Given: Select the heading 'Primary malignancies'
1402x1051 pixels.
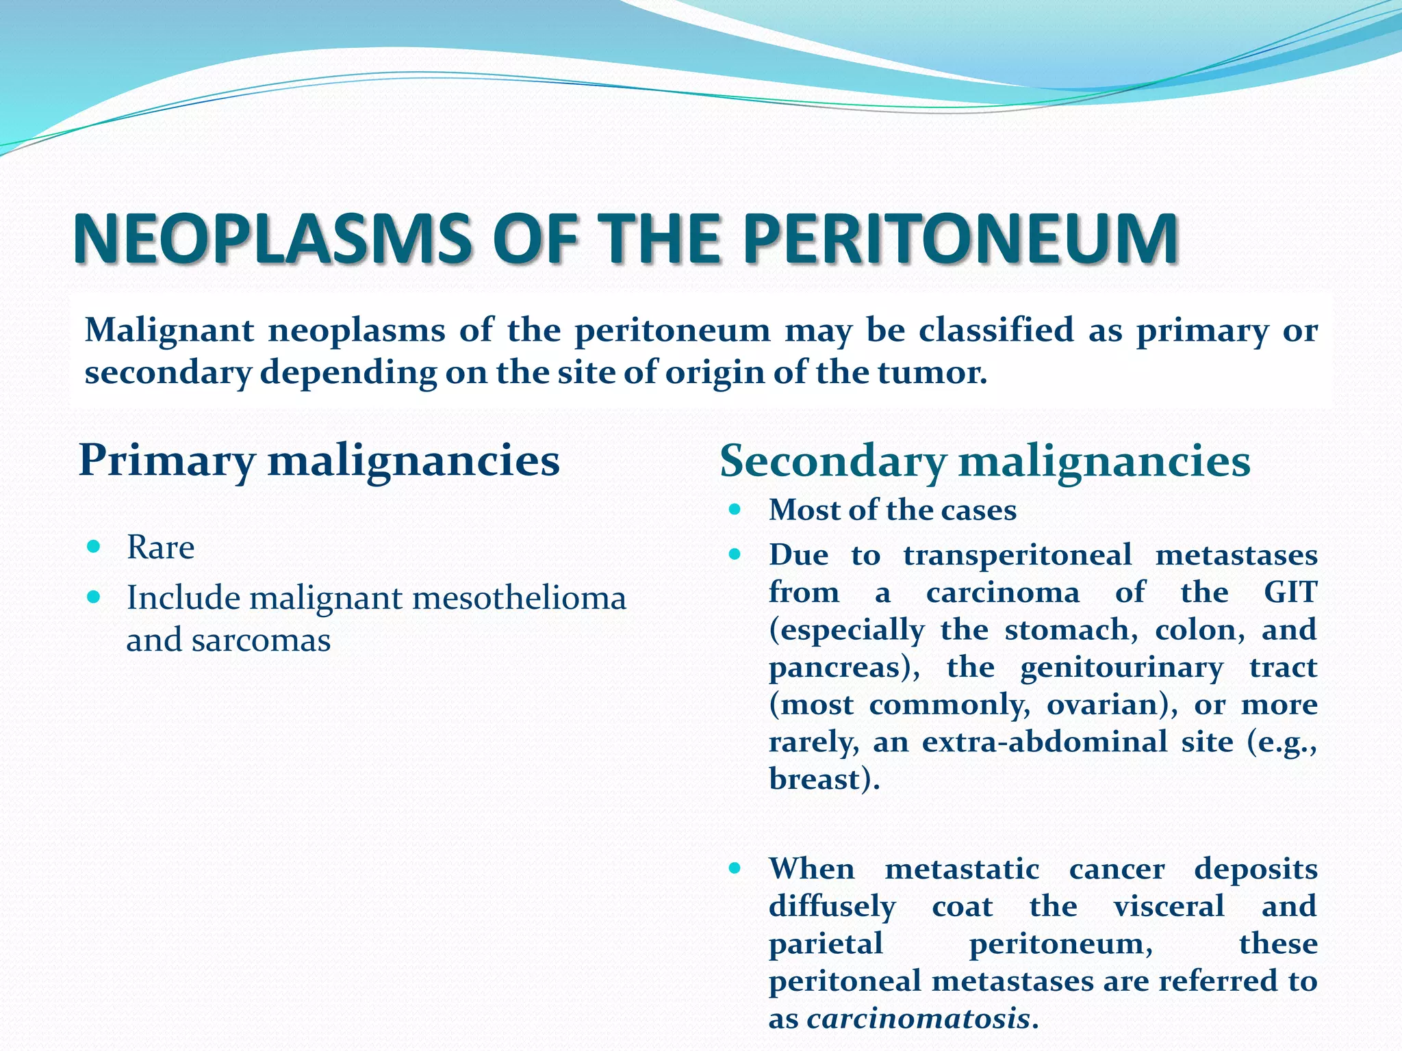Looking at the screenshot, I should tap(319, 460).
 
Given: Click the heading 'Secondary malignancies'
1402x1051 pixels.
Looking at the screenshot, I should tap(984, 460).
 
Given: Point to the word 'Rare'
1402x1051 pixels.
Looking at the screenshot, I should tap(160, 547).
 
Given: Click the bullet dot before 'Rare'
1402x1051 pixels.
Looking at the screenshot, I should tap(94, 547).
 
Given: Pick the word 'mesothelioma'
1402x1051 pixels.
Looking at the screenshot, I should tap(520, 598).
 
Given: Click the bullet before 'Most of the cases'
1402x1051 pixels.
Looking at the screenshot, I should tap(735, 510).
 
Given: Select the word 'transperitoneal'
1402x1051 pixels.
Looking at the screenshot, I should tap(1017, 555).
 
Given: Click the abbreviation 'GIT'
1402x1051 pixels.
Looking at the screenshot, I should tap(1290, 593).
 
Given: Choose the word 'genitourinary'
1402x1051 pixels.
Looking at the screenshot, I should tap(1121, 668).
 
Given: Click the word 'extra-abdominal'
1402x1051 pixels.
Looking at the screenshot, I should tap(1045, 742).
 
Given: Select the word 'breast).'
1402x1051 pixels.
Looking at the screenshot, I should tap(824, 779).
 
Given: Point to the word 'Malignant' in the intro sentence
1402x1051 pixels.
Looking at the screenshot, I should tap(169, 331).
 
